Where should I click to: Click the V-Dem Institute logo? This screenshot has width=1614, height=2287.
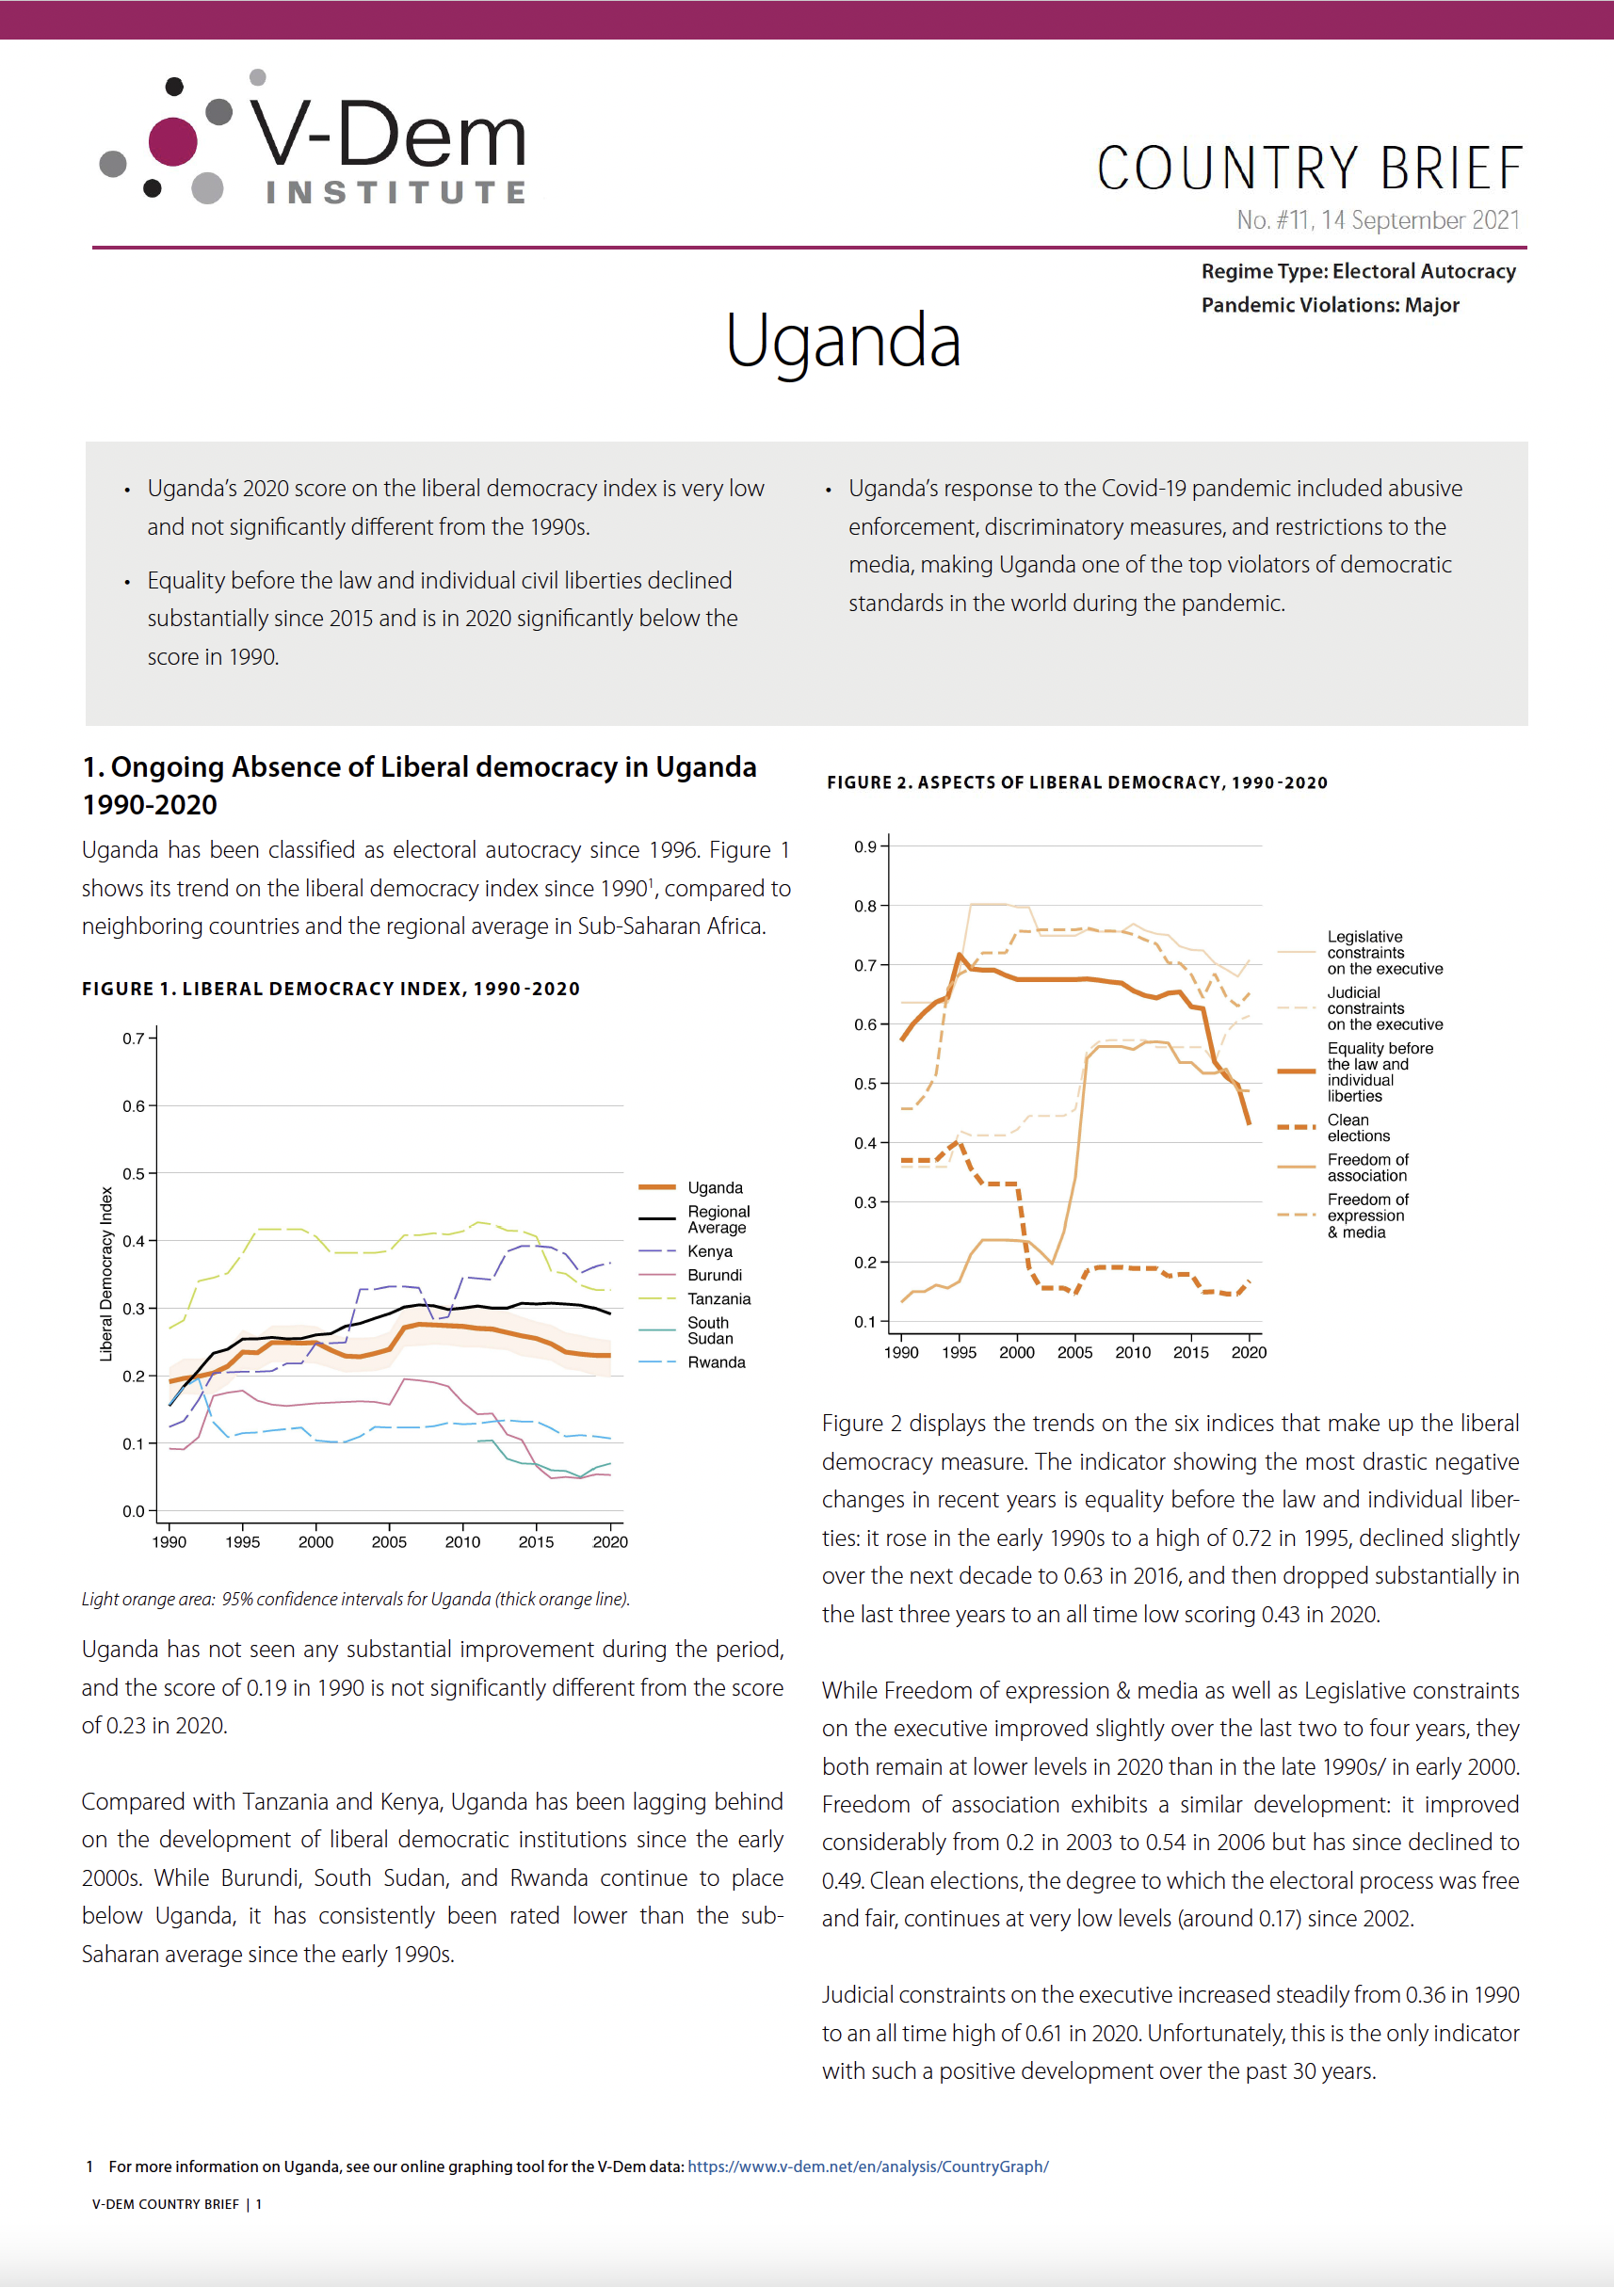(314, 137)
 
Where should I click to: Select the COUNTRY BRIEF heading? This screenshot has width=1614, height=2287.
(1309, 168)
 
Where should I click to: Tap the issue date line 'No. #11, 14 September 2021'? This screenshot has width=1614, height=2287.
(1378, 220)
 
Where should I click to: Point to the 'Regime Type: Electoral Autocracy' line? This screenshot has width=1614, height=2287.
(1358, 271)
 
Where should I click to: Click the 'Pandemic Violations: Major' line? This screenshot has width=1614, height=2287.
(1329, 305)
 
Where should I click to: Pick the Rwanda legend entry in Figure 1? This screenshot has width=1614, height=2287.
(691, 1361)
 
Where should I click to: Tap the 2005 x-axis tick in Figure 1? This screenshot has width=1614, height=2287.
(389, 1542)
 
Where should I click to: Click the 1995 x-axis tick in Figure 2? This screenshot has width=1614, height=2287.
(959, 1353)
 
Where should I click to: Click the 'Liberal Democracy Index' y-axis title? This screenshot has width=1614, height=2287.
(105, 1274)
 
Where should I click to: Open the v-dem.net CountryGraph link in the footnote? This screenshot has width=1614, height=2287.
(868, 2166)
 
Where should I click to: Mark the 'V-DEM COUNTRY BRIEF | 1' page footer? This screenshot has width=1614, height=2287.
(177, 2204)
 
